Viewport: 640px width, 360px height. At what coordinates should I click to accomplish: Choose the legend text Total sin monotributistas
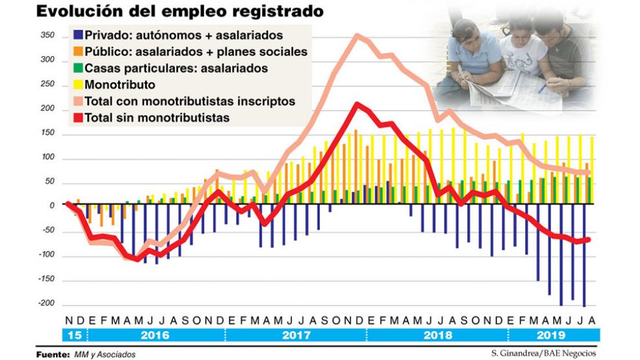click(157, 118)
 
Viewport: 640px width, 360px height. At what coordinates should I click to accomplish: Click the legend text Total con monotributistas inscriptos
click(190, 101)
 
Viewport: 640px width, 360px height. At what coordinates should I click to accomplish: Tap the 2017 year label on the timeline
click(296, 335)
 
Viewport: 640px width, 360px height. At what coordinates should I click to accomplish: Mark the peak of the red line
click(357, 104)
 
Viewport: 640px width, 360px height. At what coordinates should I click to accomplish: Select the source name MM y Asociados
click(104, 354)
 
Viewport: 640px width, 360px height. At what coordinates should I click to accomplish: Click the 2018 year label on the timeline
click(437, 335)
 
